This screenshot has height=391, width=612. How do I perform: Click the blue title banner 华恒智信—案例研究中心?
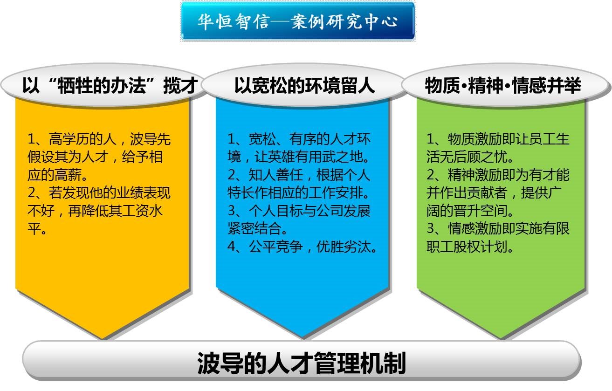tap(298, 21)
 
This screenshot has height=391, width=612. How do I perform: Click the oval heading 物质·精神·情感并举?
tap(506, 85)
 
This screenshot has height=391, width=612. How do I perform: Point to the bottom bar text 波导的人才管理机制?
tap(302, 364)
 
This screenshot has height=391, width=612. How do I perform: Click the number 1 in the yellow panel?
tap(32, 139)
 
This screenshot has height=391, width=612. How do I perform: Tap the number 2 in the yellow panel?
tap(32, 192)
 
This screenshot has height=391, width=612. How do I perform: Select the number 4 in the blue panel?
tap(232, 247)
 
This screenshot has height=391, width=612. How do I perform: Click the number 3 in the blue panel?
tap(232, 211)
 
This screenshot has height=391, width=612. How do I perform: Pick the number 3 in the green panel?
tap(431, 228)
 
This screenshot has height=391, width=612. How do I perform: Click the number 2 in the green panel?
tap(431, 175)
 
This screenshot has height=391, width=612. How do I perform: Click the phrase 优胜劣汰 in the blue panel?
tap(344, 247)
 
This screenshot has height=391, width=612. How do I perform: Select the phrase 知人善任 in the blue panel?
tap(275, 175)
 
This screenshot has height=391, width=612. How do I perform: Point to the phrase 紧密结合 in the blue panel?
tap(254, 228)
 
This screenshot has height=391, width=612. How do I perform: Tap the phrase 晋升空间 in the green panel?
tap(480, 211)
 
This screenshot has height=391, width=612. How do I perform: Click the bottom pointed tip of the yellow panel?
tap(103, 339)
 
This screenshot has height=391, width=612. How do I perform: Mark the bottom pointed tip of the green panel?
tap(502, 339)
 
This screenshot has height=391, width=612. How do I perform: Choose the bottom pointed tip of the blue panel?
tap(303, 339)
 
